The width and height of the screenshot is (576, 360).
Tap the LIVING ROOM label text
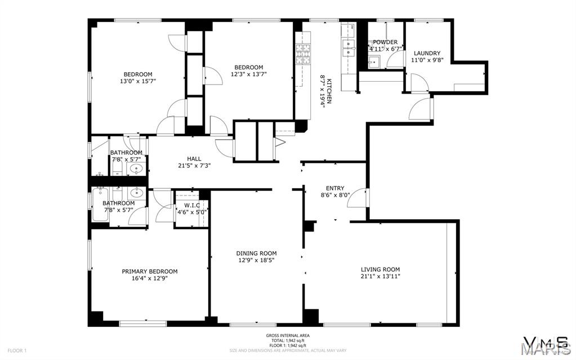pyautogui.click(x=380, y=269)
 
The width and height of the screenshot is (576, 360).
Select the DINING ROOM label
pyautogui.click(x=256, y=254)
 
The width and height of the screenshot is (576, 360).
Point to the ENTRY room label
pyautogui.click(x=335, y=188)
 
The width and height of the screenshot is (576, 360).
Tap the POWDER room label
pyautogui.click(x=385, y=42)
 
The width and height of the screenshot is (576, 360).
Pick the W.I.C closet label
pyautogui.click(x=188, y=205)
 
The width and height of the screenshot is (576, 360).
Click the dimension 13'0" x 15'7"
pyautogui.click(x=138, y=81)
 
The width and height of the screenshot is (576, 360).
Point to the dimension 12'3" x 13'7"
pyautogui.click(x=248, y=74)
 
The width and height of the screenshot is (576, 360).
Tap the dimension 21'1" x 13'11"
pyautogui.click(x=380, y=277)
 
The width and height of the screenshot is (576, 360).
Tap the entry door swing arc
pyautogui.click(x=360, y=197)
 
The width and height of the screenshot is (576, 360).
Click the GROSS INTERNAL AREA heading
pyautogui.click(x=288, y=336)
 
